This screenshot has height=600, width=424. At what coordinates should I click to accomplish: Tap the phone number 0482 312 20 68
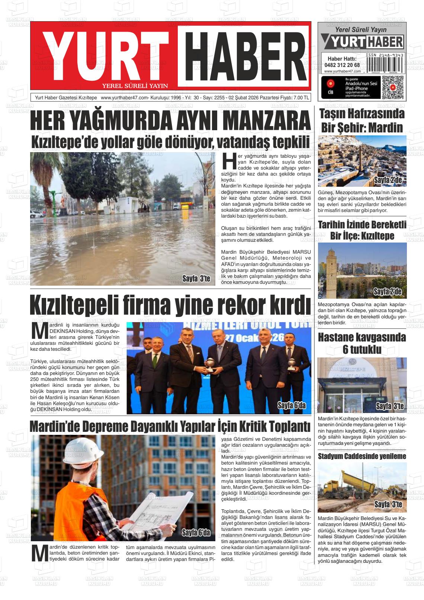click(x=342, y=65)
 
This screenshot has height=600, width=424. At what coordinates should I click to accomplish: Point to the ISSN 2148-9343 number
click(x=385, y=55)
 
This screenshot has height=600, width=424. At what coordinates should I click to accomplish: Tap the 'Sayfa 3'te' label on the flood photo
click(x=196, y=278)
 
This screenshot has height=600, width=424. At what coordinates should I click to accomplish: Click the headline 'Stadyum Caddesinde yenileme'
click(x=362, y=456)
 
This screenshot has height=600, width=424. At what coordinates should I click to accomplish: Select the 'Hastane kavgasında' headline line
click(x=362, y=338)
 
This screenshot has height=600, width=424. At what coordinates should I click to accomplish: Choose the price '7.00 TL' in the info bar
click(x=301, y=98)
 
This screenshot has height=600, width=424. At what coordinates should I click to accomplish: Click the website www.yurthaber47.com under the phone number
click(x=342, y=71)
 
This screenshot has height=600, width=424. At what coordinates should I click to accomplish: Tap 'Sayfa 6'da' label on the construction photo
click(x=196, y=532)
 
